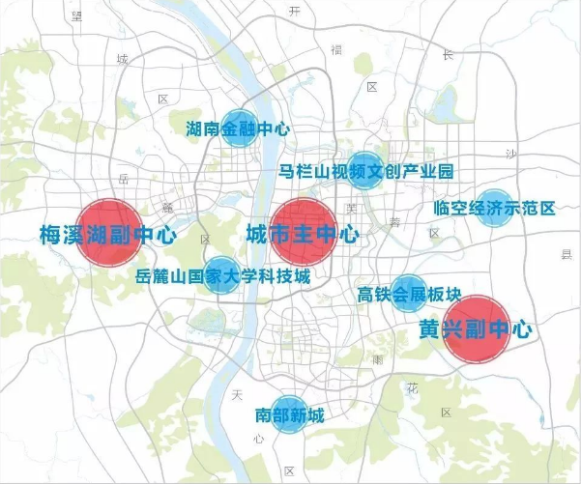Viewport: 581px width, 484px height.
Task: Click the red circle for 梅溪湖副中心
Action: pyautogui.click(x=108, y=233)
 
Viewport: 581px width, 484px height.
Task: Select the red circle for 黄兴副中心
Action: pyautogui.click(x=476, y=328)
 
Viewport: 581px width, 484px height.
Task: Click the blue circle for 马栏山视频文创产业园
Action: pyautogui.click(x=365, y=171)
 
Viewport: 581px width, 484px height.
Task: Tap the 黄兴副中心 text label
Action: pyautogui.click(x=476, y=328)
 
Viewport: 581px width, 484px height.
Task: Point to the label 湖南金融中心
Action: pyautogui.click(x=238, y=128)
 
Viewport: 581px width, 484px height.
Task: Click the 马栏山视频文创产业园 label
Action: pyautogui.click(x=365, y=172)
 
